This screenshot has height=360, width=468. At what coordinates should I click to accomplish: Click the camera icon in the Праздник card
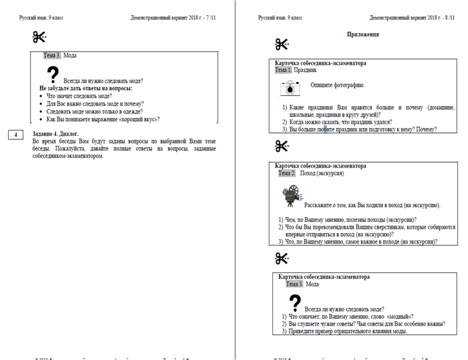(290, 88)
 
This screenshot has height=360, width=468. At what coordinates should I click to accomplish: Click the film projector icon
(291, 195)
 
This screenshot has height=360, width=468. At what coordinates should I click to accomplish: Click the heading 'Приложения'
(363, 34)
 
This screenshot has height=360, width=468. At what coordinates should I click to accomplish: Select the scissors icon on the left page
(40, 38)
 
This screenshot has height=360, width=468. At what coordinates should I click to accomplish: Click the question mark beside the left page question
(53, 75)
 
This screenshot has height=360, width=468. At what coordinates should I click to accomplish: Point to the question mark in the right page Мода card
(295, 301)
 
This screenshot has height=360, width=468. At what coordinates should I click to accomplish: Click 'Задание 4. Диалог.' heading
(55, 134)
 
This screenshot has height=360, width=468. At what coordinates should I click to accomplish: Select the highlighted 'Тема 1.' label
(283, 70)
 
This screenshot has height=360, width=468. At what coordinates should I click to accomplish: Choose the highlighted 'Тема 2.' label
(287, 173)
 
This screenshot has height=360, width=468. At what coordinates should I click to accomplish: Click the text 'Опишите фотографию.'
(337, 85)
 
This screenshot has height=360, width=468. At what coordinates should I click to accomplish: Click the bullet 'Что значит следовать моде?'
(79, 96)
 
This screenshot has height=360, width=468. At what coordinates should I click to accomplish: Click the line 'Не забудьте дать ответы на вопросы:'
(86, 88)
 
